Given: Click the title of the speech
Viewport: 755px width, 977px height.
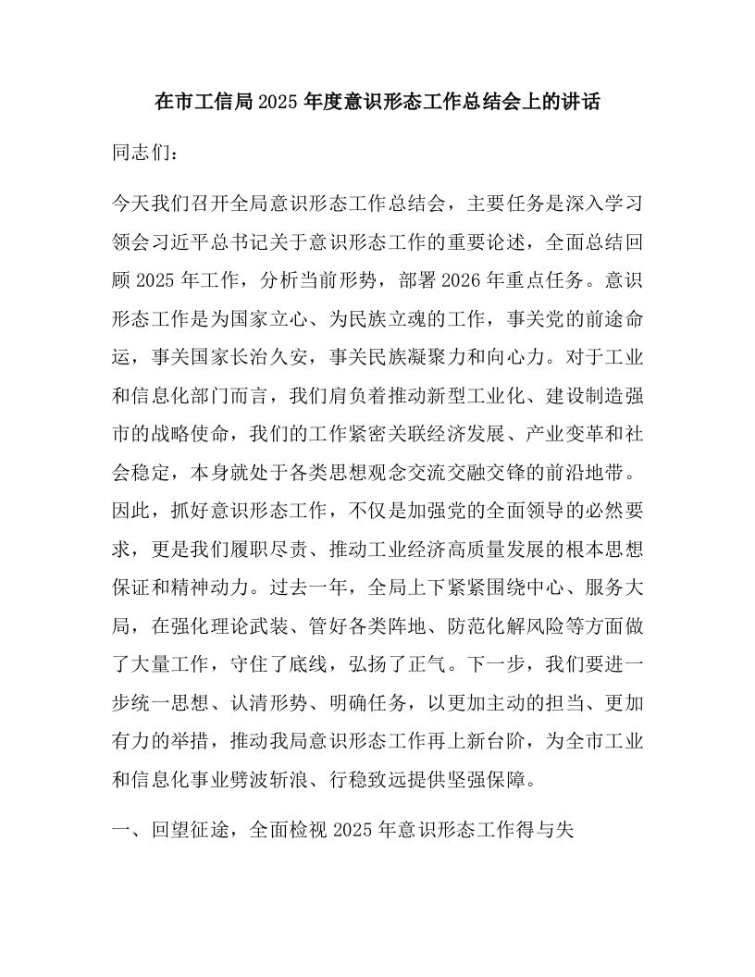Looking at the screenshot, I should tap(377, 103).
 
